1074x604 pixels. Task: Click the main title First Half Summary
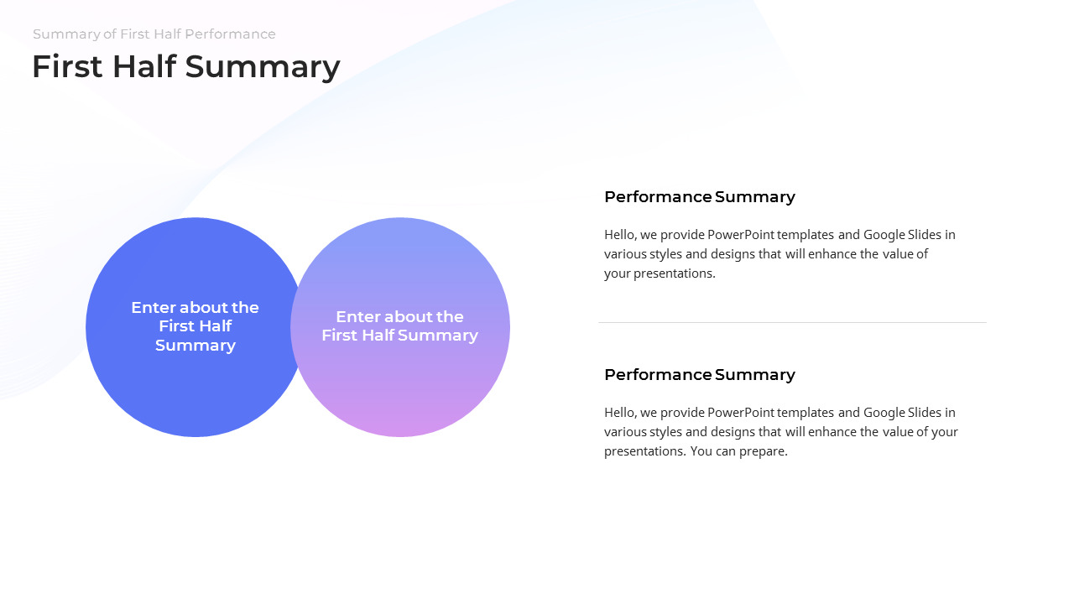point(185,67)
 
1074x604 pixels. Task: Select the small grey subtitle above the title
point(154,34)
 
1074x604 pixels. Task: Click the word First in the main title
point(65,67)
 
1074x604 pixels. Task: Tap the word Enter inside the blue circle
point(153,308)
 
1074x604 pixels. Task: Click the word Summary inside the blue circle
point(195,346)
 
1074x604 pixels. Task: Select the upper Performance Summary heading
point(699,197)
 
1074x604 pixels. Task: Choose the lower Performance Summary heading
point(699,375)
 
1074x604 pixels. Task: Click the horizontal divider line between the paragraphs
point(792,322)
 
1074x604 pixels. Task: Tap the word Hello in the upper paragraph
point(619,235)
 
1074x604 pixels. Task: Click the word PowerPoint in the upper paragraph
point(741,235)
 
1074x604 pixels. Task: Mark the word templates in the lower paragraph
point(805,413)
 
